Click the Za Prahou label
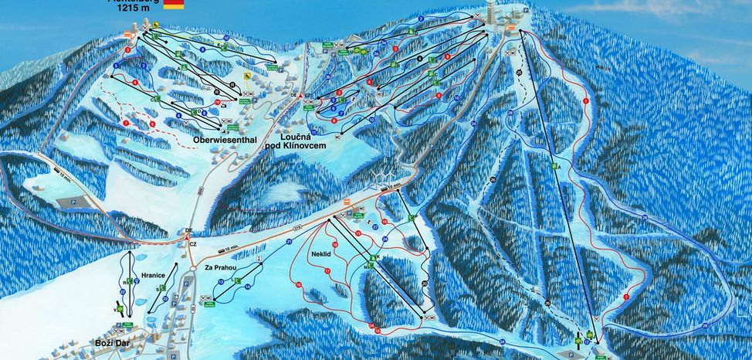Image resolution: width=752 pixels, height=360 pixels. pos(219,267)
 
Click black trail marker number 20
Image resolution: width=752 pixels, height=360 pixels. pos(424,284)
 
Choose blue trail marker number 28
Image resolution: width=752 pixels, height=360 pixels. pos(644,219)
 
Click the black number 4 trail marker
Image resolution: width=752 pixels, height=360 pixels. pos(418,59)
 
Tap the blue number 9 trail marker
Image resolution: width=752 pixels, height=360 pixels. pos(224,37)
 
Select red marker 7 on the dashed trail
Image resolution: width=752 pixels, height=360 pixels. pos(126,122)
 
